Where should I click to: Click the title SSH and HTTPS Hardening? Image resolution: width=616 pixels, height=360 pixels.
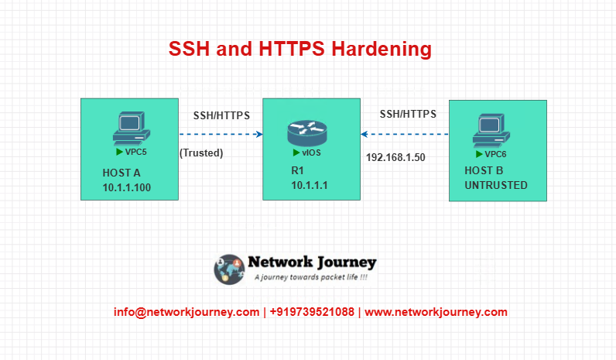300,49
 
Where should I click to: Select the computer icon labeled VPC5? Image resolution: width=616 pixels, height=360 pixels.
132,129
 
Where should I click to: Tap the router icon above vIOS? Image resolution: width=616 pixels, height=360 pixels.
307,133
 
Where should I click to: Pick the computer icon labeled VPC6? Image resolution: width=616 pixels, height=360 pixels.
491,132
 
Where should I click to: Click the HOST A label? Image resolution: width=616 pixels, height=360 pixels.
121,173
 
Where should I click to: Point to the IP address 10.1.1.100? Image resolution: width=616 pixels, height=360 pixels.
126,187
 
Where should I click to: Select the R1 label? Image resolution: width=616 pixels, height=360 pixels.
297,170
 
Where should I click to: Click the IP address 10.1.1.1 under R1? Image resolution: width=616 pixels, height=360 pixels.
310,185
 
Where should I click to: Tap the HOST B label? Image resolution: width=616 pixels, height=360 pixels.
484,170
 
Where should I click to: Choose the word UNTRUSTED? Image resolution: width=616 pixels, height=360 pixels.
496,185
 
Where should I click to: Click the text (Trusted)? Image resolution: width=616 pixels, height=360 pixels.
201,153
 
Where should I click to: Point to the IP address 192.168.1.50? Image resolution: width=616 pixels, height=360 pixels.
395,158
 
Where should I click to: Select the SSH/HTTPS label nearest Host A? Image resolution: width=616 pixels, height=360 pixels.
221,115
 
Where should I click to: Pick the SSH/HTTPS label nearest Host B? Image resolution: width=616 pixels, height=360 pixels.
408,114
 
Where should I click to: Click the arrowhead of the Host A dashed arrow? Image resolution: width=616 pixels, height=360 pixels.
260,135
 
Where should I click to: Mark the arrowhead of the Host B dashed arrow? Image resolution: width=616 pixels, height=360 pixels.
364,135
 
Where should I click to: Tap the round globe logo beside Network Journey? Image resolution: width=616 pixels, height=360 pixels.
229,269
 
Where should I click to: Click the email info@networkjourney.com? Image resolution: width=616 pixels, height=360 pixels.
187,312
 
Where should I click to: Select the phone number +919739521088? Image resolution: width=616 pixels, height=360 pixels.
312,312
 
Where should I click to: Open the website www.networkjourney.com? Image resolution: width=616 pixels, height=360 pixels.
436,312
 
